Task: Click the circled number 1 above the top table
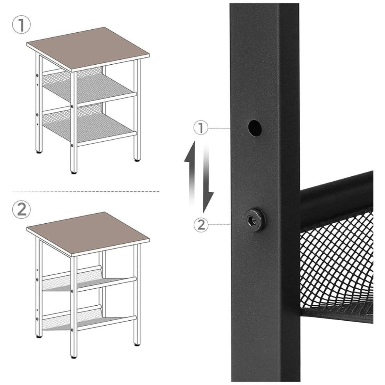(x=21, y=25)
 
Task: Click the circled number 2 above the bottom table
(x=21, y=209)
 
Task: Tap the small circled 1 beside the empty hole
(x=201, y=128)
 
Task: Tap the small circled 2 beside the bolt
(x=201, y=224)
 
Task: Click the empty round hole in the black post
(x=254, y=128)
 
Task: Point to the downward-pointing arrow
(x=208, y=179)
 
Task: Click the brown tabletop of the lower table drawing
(x=88, y=234)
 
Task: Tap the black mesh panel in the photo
(x=336, y=265)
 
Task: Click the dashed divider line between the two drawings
(x=86, y=191)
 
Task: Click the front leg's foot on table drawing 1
(x=74, y=172)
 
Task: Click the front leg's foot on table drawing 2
(x=74, y=357)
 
